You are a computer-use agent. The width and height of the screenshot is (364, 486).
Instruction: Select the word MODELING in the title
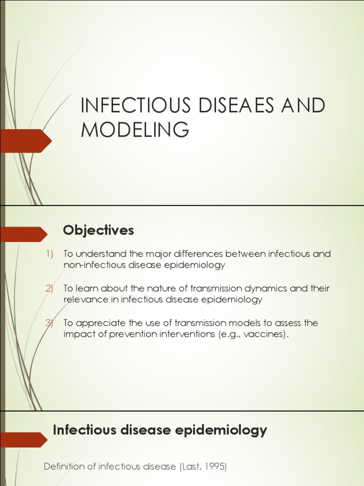click(x=135, y=129)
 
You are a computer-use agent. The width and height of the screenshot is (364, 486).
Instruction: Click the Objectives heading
click(x=99, y=231)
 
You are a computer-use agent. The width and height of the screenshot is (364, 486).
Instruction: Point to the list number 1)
click(x=50, y=254)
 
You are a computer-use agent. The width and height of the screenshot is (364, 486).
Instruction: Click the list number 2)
click(x=50, y=289)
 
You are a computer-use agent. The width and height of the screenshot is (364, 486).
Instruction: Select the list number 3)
click(x=50, y=323)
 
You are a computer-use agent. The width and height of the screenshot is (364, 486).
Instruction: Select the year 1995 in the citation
click(x=215, y=467)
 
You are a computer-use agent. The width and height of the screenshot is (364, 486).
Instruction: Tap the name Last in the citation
click(x=191, y=467)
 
